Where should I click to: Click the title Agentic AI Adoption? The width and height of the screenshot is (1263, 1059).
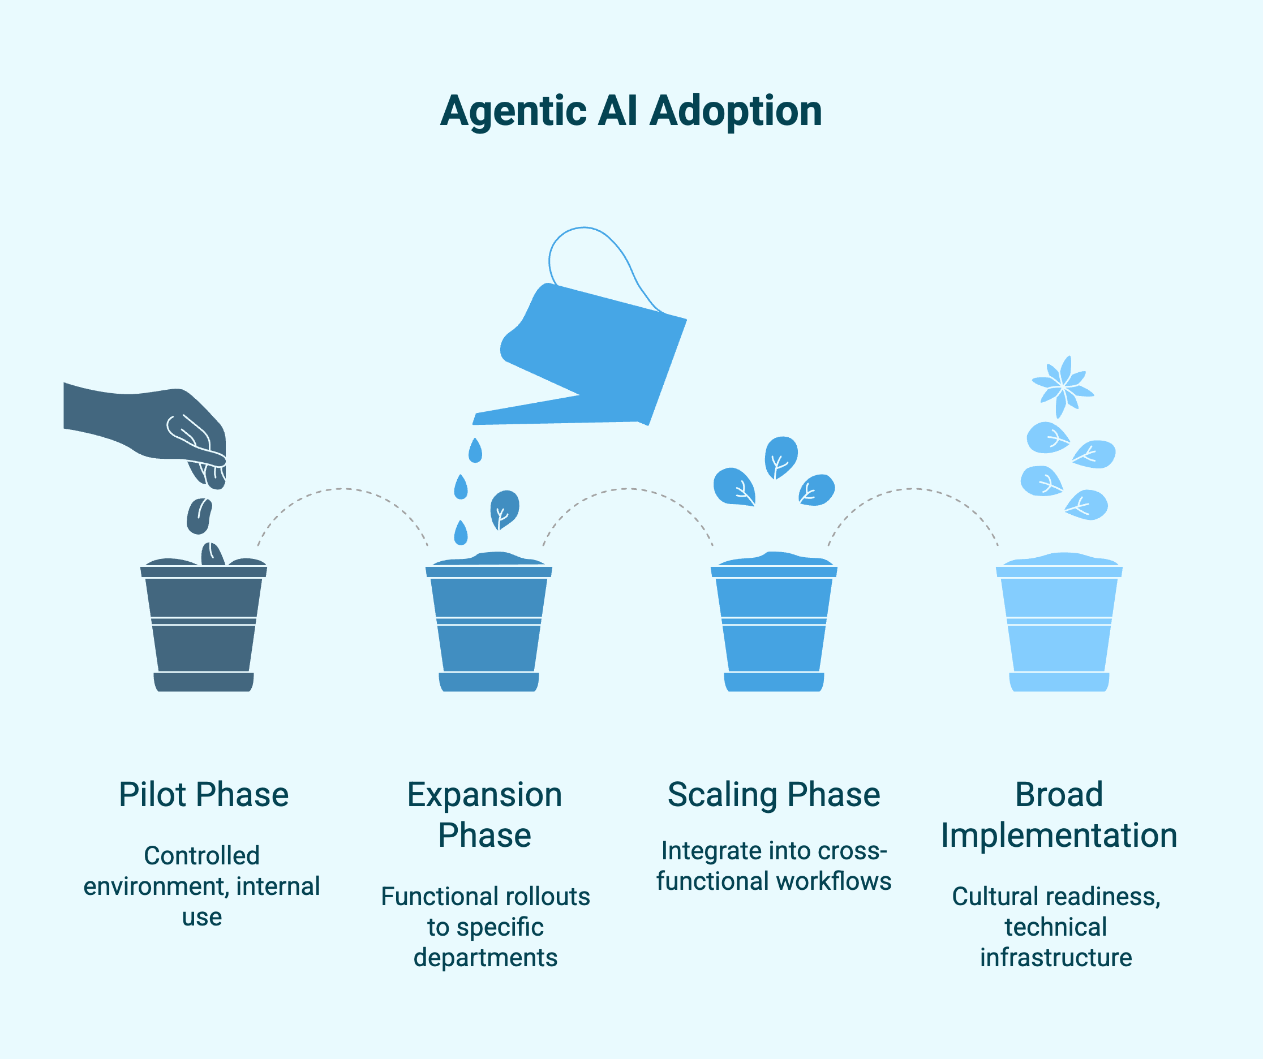click(x=631, y=111)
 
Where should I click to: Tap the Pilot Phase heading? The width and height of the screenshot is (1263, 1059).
click(x=203, y=794)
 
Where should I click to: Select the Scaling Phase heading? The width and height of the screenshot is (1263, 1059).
click(x=774, y=794)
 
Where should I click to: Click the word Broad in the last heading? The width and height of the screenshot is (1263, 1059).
click(x=1059, y=794)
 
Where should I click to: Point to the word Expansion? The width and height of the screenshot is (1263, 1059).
click(x=484, y=794)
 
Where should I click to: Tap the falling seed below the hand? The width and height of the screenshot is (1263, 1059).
click(x=199, y=516)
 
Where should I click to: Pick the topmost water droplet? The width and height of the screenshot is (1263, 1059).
click(x=475, y=451)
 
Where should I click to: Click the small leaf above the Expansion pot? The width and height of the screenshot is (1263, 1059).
click(x=504, y=509)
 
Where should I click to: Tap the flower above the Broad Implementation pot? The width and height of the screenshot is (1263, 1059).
click(x=1063, y=387)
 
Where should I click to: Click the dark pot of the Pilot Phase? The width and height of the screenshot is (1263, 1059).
click(x=203, y=626)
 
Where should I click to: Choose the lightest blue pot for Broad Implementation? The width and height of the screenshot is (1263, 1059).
click(x=1059, y=626)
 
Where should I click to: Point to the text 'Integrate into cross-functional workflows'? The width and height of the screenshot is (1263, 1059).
click(x=774, y=866)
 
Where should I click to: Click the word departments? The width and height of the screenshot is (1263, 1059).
click(x=486, y=957)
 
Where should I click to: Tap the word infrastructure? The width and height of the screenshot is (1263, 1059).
click(x=1056, y=957)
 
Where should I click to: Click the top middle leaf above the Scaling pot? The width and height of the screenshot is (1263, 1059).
click(x=781, y=457)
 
